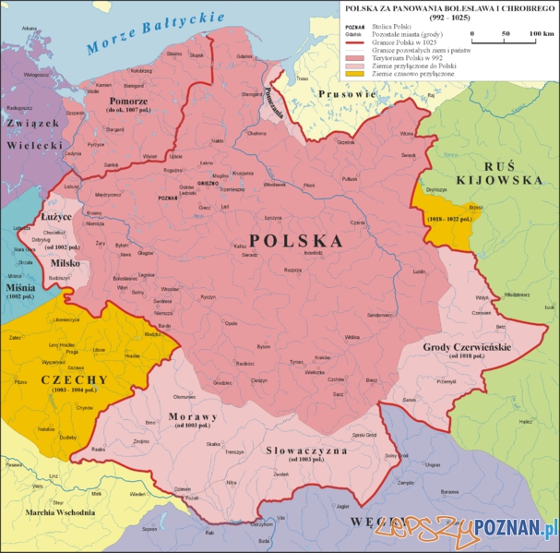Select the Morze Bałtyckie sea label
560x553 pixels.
click(151, 33)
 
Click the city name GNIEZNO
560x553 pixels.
click(208, 183)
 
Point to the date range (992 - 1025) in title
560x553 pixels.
click(447, 18)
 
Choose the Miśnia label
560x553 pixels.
click(19, 288)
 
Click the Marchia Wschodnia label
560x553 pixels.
click(61, 512)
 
